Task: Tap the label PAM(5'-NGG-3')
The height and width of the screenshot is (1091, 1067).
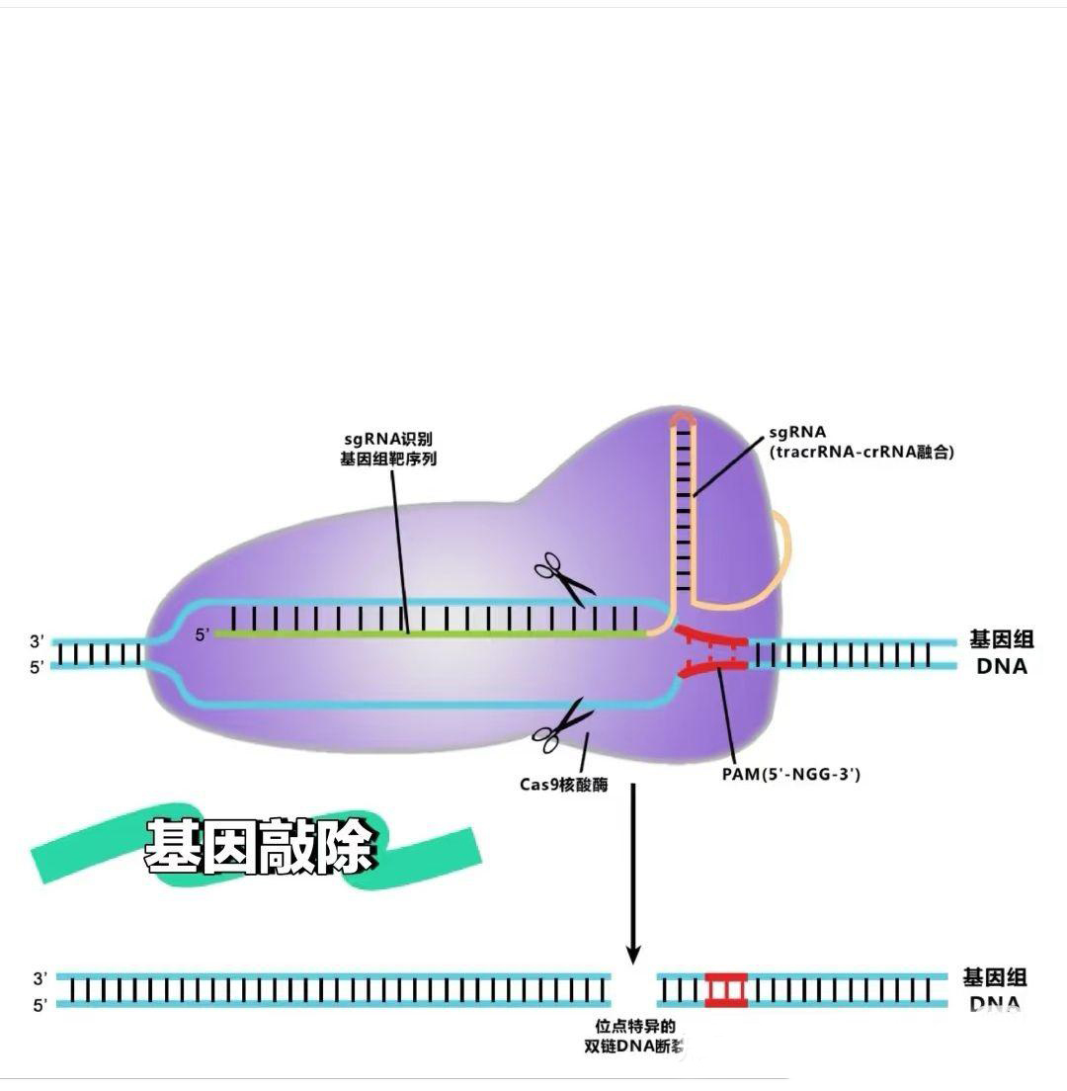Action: tap(790, 774)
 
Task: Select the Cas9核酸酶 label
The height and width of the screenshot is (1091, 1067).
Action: tap(563, 785)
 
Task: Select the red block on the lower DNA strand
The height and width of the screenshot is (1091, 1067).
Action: tap(726, 989)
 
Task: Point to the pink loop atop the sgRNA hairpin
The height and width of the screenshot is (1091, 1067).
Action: tap(682, 419)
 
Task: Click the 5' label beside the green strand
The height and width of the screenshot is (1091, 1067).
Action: tap(203, 634)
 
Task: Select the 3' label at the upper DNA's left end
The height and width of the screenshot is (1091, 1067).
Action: tap(37, 641)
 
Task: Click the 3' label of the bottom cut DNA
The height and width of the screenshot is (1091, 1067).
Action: tap(40, 978)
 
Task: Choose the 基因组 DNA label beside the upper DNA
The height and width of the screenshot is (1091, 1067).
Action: tap(1001, 652)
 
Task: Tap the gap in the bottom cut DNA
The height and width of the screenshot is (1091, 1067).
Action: tap(633, 989)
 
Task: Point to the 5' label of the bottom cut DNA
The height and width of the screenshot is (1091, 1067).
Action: tap(40, 1005)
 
